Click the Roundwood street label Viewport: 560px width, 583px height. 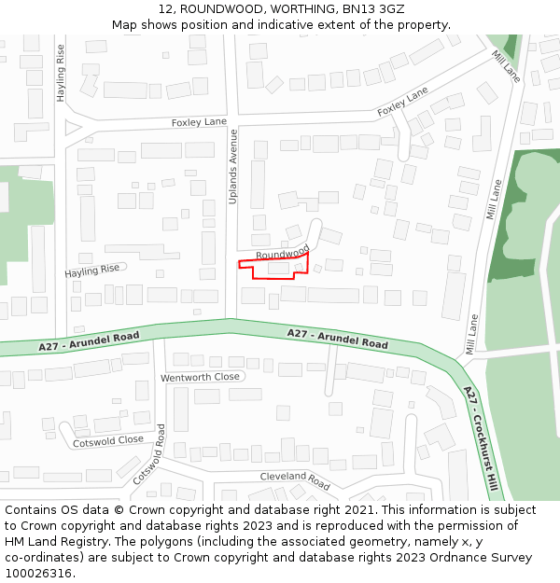tap(282, 253)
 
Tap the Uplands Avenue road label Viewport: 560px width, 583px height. tap(233, 167)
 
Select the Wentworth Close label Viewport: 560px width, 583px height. tap(200, 377)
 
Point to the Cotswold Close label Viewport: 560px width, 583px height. tap(108, 440)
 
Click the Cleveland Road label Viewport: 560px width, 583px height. tap(295, 480)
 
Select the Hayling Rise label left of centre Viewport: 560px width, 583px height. tap(92, 271)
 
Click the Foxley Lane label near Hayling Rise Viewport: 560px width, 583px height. tap(199, 122)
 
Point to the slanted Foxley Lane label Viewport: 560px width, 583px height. tap(402, 102)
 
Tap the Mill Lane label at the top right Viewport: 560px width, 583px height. tap(505, 66)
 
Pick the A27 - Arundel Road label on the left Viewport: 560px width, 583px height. tap(90, 340)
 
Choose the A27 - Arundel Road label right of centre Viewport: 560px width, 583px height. tap(337, 338)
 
